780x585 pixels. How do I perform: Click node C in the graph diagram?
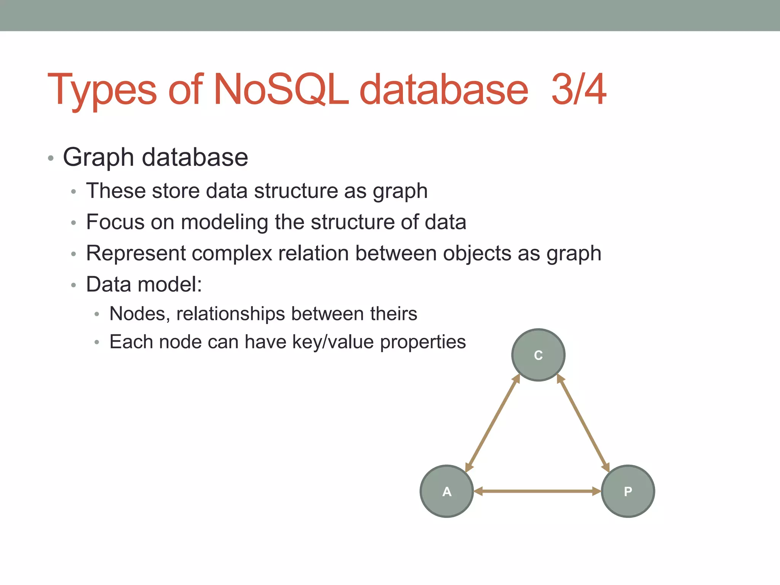click(x=538, y=355)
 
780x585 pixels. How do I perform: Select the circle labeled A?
click(x=447, y=491)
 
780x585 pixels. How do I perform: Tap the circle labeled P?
click(x=628, y=491)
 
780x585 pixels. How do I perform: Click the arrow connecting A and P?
click(x=537, y=491)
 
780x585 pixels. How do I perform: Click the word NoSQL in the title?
click(x=281, y=90)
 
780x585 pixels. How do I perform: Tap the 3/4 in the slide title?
click(x=579, y=90)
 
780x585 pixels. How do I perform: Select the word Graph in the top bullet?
click(x=98, y=158)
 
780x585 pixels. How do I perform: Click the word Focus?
click(x=115, y=222)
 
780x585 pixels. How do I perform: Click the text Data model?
click(x=144, y=285)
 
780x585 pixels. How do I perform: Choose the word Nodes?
click(x=139, y=314)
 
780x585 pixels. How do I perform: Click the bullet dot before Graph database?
click(x=51, y=158)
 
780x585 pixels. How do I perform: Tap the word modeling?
click(x=225, y=222)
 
